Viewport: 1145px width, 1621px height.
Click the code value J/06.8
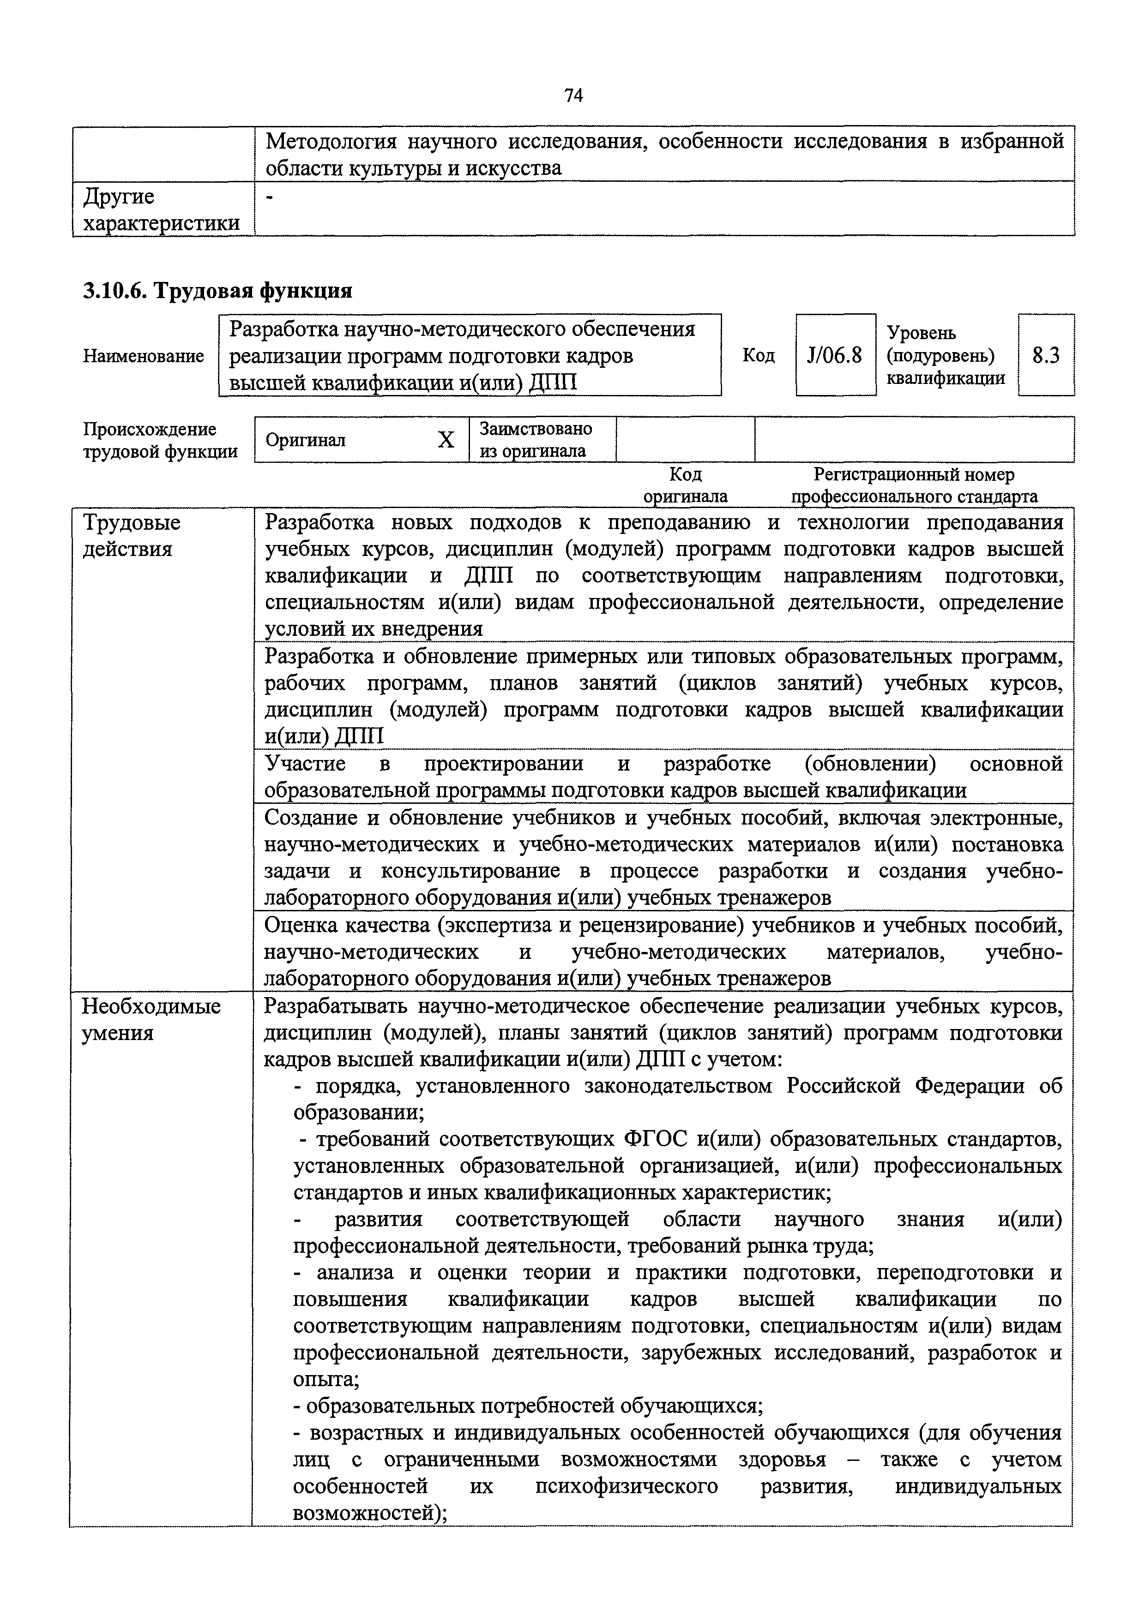click(834, 355)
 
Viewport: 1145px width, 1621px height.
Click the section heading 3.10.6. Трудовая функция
click(217, 290)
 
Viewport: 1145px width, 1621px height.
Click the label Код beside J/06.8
click(758, 355)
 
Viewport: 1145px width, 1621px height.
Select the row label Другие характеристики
click(161, 209)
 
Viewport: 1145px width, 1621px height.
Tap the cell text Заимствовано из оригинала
click(536, 440)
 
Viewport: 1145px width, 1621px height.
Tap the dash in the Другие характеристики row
click(268, 197)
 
